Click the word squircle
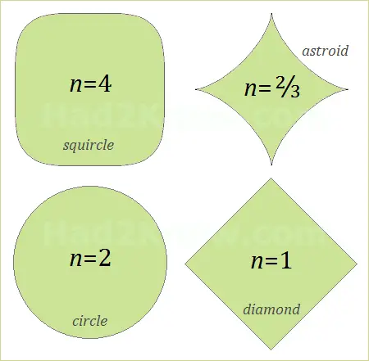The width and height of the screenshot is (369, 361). click(x=89, y=145)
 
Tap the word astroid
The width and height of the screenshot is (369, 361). click(x=326, y=51)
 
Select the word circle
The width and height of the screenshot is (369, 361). click(x=90, y=321)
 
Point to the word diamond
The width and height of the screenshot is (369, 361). click(x=271, y=309)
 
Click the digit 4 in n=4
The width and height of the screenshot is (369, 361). click(x=105, y=83)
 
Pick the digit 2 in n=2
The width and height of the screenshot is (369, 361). click(x=105, y=258)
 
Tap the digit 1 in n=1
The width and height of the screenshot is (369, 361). click(x=285, y=260)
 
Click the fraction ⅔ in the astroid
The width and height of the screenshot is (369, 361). click(x=288, y=88)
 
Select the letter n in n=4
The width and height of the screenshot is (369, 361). click(x=75, y=85)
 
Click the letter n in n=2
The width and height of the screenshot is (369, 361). click(x=75, y=259)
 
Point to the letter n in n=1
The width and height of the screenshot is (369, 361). click(x=257, y=262)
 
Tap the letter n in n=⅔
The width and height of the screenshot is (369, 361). click(x=250, y=89)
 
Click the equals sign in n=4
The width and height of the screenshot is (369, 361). click(x=89, y=84)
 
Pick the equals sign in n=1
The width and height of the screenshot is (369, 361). click(x=271, y=261)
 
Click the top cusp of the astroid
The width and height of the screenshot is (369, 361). click(x=271, y=13)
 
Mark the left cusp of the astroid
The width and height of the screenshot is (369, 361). click(x=196, y=89)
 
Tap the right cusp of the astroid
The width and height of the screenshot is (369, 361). click(x=348, y=89)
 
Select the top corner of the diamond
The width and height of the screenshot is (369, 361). click(x=271, y=178)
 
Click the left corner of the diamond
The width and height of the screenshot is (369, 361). click(x=185, y=264)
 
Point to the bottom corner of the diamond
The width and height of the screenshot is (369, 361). click(x=271, y=350)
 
